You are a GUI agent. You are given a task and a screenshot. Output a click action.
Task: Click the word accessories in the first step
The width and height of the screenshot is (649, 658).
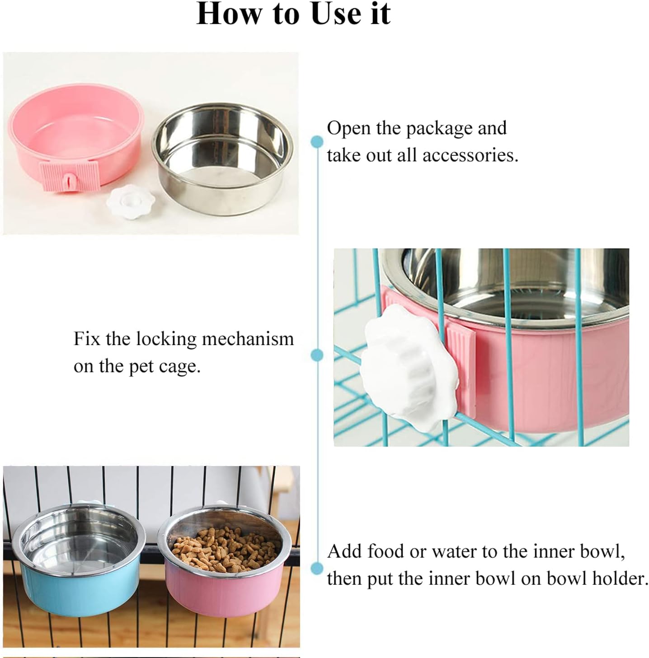[x=470, y=155]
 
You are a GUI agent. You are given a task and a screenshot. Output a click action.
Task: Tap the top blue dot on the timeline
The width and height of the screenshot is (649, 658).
[x=317, y=141]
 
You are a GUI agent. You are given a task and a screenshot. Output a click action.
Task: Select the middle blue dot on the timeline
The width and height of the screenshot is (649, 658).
[x=317, y=355]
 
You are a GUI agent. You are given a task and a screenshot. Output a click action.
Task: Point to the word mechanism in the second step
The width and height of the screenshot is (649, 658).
[x=248, y=339]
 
